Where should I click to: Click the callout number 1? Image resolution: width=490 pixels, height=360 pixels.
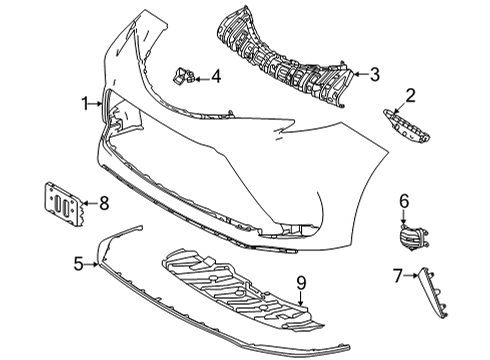pos(87,102)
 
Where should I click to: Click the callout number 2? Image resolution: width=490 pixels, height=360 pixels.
pos(410,95)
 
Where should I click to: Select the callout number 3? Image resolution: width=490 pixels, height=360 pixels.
pos(375,73)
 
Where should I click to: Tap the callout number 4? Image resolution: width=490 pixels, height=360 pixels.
pos(215,75)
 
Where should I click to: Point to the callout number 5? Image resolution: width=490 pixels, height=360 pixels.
pos(78,265)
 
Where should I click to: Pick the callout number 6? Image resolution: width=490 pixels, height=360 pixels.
pos(405,202)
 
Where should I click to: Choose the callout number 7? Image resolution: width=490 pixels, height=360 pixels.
pos(396,275)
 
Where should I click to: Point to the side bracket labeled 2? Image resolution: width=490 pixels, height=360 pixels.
pos(405,129)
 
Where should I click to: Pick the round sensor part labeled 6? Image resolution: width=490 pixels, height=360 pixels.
pos(408,239)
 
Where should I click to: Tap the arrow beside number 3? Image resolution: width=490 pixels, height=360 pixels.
pos(359,73)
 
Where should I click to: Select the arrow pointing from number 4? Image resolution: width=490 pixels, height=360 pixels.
pos(200,75)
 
